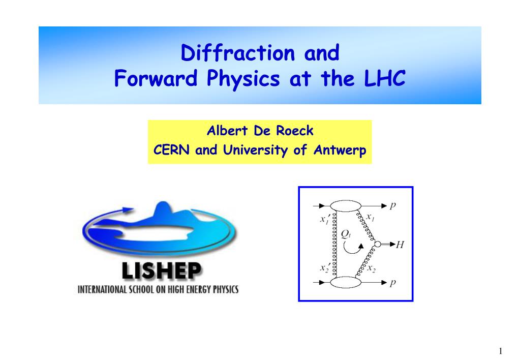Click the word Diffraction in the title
(x=238, y=53)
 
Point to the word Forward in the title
(x=156, y=78)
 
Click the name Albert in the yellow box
(x=227, y=131)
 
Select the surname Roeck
(x=295, y=131)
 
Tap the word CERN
(x=171, y=149)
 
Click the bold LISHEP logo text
(x=161, y=271)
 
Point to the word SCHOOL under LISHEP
(x=141, y=290)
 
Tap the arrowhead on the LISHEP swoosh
(x=128, y=209)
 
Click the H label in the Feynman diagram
(x=400, y=245)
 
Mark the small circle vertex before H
(x=377, y=244)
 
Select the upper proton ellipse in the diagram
(x=346, y=206)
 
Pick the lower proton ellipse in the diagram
(x=346, y=282)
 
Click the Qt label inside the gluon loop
(x=346, y=234)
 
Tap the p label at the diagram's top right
(x=392, y=206)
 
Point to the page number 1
(x=501, y=351)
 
